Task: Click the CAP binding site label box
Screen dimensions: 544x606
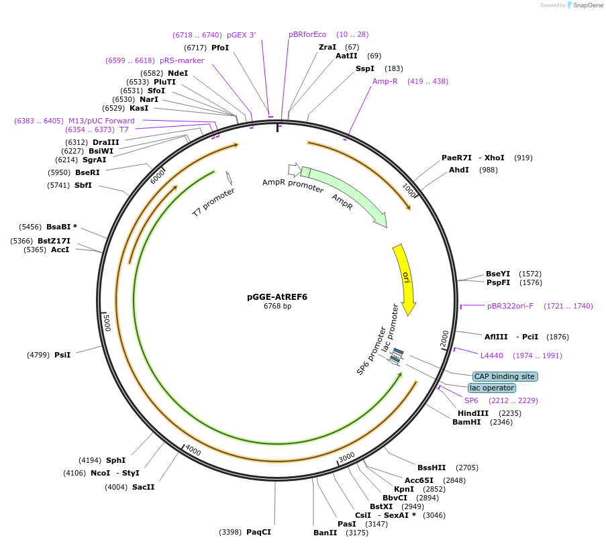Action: point(505,376)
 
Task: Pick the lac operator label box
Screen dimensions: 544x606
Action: point(492,388)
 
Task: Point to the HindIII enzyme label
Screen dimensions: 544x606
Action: point(473,413)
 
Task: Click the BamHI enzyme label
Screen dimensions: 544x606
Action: point(466,422)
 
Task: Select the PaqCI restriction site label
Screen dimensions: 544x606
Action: point(258,532)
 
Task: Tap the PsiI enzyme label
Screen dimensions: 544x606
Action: point(62,355)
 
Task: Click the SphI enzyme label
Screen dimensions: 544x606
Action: point(115,460)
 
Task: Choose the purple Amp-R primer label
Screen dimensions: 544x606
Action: point(385,81)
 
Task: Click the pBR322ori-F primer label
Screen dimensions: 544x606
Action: point(510,306)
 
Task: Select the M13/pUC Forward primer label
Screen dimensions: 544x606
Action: point(101,121)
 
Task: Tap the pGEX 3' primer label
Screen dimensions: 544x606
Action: point(241,35)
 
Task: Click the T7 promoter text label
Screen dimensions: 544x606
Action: point(213,202)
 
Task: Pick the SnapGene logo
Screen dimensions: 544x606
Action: point(582,5)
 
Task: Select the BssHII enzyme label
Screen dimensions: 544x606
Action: point(432,468)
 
